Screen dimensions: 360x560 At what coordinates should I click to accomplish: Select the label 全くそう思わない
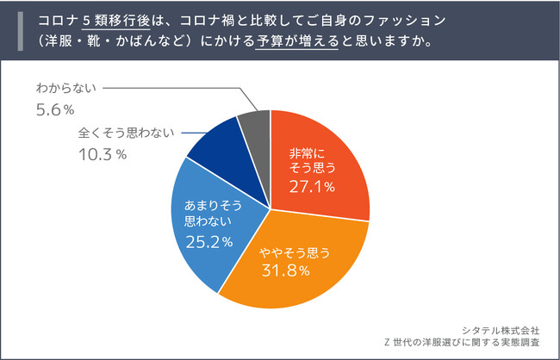121,133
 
